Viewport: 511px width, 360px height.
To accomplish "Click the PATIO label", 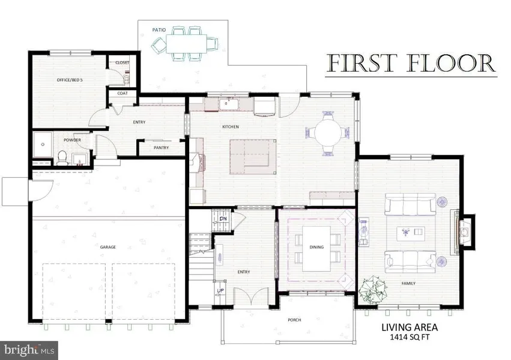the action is [159, 30].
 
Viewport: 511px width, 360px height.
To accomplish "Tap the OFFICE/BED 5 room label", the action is [70, 80].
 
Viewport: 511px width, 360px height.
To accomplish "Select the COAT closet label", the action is [122, 93].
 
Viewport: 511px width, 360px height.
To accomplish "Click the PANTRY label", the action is [162, 148].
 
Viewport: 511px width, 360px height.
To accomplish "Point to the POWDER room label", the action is [72, 140].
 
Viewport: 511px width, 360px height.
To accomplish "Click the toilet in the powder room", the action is [62, 157].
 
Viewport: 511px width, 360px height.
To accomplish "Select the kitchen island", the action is [253, 157].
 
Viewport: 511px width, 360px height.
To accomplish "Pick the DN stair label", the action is [223, 219].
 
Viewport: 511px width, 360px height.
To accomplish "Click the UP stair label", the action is [220, 290].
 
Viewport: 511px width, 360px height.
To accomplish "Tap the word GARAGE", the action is [108, 247].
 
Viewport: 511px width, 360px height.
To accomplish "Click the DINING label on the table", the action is [316, 247].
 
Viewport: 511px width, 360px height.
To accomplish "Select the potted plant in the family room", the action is [373, 290].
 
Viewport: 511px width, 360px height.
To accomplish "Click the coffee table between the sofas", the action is [411, 233].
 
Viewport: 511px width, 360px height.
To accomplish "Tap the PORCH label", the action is [294, 320].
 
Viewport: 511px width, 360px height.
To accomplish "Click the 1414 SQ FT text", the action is [410, 337].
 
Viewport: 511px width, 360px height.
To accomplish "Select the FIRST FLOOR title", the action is [411, 64].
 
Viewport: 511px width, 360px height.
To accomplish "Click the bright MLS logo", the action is [29, 350].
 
